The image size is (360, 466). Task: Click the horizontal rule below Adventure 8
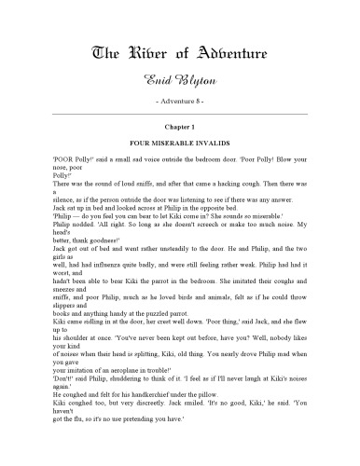(x=180, y=113)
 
